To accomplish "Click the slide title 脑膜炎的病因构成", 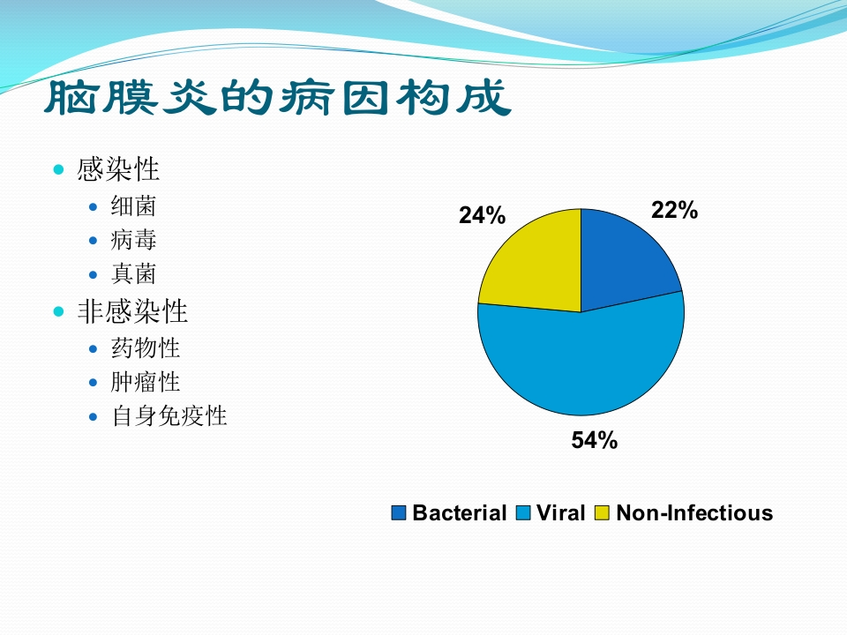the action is pyautogui.click(x=278, y=97).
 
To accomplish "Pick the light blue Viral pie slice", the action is pyautogui.click(x=581, y=362).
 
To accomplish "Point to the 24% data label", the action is pyautogui.click(x=482, y=215).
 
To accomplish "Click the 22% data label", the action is pyautogui.click(x=674, y=210).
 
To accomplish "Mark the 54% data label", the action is pyautogui.click(x=594, y=440).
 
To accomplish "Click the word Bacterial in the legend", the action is pyautogui.click(x=459, y=512).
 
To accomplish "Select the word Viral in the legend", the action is pyautogui.click(x=561, y=512).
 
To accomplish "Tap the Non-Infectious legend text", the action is pyautogui.click(x=694, y=512).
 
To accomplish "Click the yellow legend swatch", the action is pyautogui.click(x=602, y=512).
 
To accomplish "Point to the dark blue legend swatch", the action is pyautogui.click(x=399, y=512).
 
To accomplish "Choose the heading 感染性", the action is pyautogui.click(x=118, y=169).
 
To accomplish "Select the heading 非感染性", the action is pyautogui.click(x=132, y=311).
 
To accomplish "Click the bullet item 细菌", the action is pyautogui.click(x=133, y=206).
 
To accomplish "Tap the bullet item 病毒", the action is pyautogui.click(x=133, y=240).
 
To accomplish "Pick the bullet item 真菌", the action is pyautogui.click(x=133, y=273).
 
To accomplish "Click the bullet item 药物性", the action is pyautogui.click(x=146, y=348).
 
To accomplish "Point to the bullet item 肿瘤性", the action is pyautogui.click(x=146, y=382).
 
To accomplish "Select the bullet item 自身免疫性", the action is pyautogui.click(x=169, y=416).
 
